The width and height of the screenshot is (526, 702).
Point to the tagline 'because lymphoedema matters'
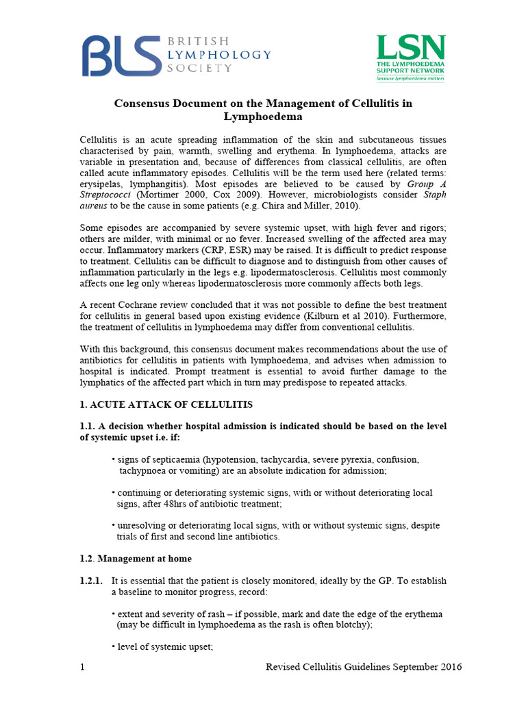pos(410,79)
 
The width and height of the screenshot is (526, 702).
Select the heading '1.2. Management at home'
pos(136,559)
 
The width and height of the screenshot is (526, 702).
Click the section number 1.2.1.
pos(92,581)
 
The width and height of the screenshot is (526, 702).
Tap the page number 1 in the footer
pos(82,667)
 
